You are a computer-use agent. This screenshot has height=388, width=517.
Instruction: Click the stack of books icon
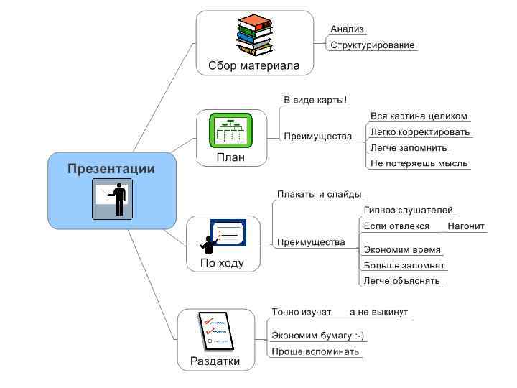pos(255,35)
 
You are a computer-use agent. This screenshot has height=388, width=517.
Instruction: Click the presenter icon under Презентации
pos(112,199)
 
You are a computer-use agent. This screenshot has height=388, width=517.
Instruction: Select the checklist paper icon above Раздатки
pos(215,331)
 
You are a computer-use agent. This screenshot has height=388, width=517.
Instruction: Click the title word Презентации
pos(111,169)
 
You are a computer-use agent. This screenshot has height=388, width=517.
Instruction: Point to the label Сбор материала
pos(253,65)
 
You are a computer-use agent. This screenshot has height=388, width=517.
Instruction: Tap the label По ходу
pos(222,263)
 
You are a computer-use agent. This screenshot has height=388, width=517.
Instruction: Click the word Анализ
pos(347,29)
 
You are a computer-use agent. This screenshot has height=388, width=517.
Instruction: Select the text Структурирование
pos(372,45)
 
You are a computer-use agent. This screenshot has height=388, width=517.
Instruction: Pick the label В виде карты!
pos(315,100)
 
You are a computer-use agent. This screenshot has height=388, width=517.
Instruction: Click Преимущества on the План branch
pos(317,136)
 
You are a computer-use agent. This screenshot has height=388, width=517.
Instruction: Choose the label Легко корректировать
pos(420,132)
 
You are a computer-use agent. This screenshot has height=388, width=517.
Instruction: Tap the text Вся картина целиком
pos(419,116)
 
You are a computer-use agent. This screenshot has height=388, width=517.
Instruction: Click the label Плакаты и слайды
pos(320,195)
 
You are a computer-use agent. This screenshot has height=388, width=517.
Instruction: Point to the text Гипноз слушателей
pos(408,211)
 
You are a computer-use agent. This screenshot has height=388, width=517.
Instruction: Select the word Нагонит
pos(465,226)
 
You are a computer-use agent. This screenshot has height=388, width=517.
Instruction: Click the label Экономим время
pos(402,250)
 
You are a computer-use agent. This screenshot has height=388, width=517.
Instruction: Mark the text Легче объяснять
pos(401,281)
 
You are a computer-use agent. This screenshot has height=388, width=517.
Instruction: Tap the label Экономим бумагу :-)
pos(317,336)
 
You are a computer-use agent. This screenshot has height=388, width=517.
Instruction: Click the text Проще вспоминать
pos(315,351)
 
